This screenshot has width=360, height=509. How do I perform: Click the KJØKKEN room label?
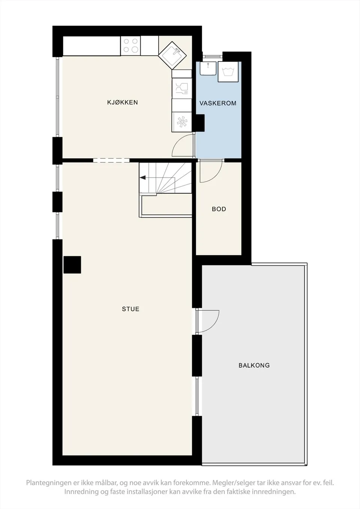pyautogui.click(x=123, y=102)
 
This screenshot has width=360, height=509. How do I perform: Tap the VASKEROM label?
pyautogui.click(x=218, y=103)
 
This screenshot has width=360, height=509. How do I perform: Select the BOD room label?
pyautogui.click(x=219, y=209)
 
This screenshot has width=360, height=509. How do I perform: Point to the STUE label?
pyautogui.click(x=130, y=309)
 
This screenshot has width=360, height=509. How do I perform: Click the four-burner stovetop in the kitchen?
pyautogui.click(x=130, y=45)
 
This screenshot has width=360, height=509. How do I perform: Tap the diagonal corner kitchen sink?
pyautogui.click(x=172, y=55)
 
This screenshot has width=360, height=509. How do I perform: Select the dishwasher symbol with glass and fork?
pyautogui.click(x=181, y=88)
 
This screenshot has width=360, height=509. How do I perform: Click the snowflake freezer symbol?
pyautogui.click(x=181, y=122)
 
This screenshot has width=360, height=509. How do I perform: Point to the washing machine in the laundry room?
pyautogui.click(x=228, y=72)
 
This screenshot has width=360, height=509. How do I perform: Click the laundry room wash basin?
pyautogui.click(x=208, y=68)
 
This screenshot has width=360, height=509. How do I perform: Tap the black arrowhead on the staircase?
pyautogui.click(x=143, y=178)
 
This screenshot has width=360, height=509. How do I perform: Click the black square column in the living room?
pyautogui.click(x=72, y=265)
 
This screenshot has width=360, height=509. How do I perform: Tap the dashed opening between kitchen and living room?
pyautogui.click(x=111, y=160)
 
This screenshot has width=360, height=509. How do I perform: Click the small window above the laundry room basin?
pyautogui.click(x=212, y=56)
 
